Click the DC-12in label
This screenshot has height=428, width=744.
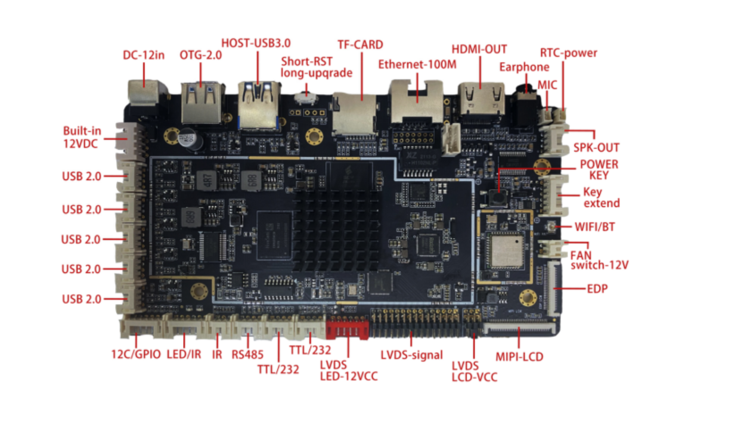[x=143, y=55]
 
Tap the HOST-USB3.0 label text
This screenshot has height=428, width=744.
[x=256, y=44]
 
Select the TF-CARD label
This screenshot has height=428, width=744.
[x=360, y=45]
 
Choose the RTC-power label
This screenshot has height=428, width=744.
[x=568, y=52]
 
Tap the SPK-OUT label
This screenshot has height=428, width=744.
[x=596, y=147]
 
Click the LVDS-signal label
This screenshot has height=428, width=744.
[x=412, y=355]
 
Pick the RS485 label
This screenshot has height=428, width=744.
[x=247, y=355]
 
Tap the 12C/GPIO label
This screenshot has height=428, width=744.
[x=136, y=354]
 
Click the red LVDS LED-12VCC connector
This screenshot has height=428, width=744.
[x=346, y=328]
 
